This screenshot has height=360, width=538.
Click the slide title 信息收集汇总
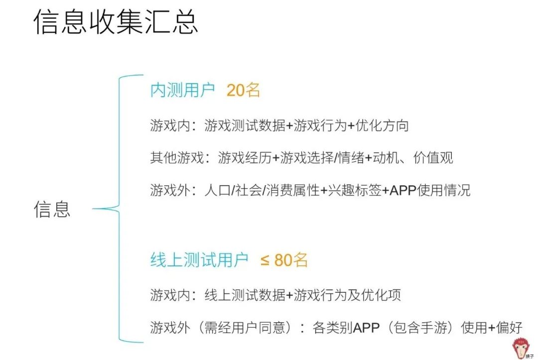tap(116, 22)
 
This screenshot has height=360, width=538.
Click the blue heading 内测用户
tap(182, 90)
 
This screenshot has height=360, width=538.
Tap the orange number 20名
tap(244, 90)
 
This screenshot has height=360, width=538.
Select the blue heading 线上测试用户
tap(199, 260)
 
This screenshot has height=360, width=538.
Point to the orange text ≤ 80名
tap(284, 260)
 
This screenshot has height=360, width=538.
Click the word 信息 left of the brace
tap(52, 209)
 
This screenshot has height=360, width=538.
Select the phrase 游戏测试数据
tap(245, 125)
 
